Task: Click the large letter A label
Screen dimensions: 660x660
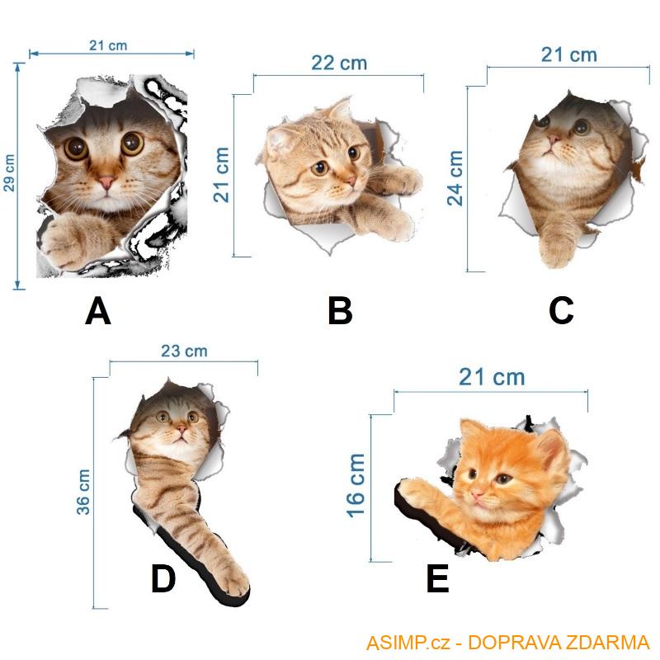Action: tap(98, 311)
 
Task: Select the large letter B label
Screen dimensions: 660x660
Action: tap(340, 311)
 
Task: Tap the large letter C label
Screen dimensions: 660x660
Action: tap(561, 310)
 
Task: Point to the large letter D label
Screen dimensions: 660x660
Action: tap(163, 579)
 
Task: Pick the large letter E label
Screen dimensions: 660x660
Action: tap(438, 579)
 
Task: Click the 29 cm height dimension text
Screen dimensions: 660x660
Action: tap(9, 173)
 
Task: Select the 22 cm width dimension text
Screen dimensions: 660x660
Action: tap(339, 64)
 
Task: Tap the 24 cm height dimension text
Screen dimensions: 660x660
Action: tap(455, 178)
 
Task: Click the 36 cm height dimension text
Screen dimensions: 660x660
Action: tap(83, 492)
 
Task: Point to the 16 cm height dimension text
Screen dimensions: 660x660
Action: tap(356, 485)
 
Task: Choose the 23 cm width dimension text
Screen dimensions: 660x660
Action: tap(184, 351)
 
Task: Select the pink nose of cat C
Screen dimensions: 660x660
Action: tap(554, 139)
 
